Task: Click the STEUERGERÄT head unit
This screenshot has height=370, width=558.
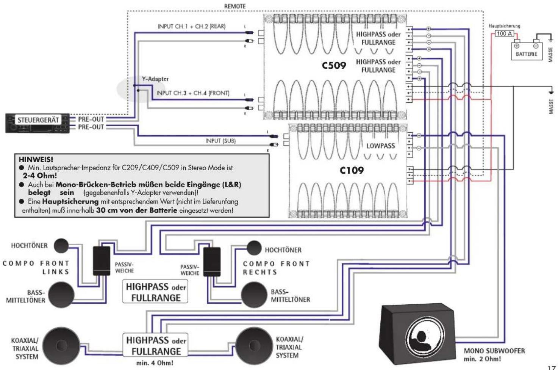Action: tap(38, 122)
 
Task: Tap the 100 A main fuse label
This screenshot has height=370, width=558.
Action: tap(504, 33)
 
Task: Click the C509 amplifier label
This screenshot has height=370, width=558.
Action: tap(334, 66)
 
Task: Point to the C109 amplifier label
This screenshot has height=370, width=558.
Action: tap(352, 171)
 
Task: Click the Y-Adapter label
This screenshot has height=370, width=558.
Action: tap(155, 79)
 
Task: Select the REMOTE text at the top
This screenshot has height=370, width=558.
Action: tap(235, 6)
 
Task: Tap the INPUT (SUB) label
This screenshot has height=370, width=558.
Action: tap(220, 141)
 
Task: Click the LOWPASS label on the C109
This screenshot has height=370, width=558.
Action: tap(380, 146)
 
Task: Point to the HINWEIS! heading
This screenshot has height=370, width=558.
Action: tap(36, 160)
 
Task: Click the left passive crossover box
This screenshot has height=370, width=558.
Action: tap(102, 261)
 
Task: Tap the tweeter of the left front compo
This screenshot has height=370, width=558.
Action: tap(61, 246)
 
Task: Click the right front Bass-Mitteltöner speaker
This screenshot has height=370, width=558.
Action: tap(254, 295)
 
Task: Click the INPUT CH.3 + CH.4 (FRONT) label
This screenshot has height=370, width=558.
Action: tap(192, 93)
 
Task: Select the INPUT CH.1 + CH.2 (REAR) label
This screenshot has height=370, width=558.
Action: tap(191, 26)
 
